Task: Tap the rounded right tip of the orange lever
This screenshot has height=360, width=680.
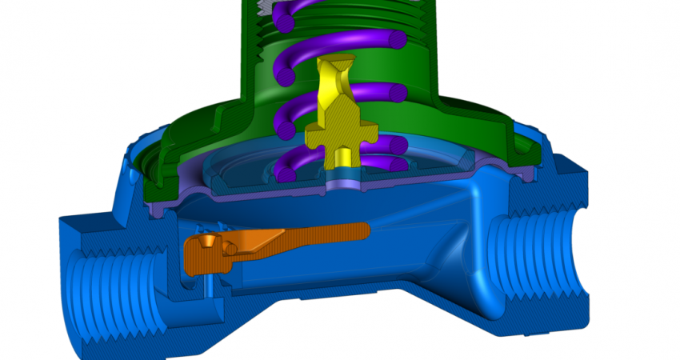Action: (366, 230)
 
